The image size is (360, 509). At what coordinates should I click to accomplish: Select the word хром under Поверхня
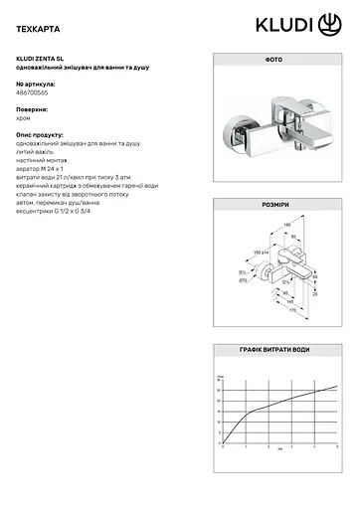pyautogui.click(x=26, y=115)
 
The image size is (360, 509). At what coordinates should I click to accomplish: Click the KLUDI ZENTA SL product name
pyautogui.click(x=43, y=57)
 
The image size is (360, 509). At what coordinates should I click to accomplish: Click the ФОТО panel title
pyautogui.click(x=273, y=61)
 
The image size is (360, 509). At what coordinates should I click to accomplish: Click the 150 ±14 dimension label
pyautogui.click(x=263, y=254)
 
